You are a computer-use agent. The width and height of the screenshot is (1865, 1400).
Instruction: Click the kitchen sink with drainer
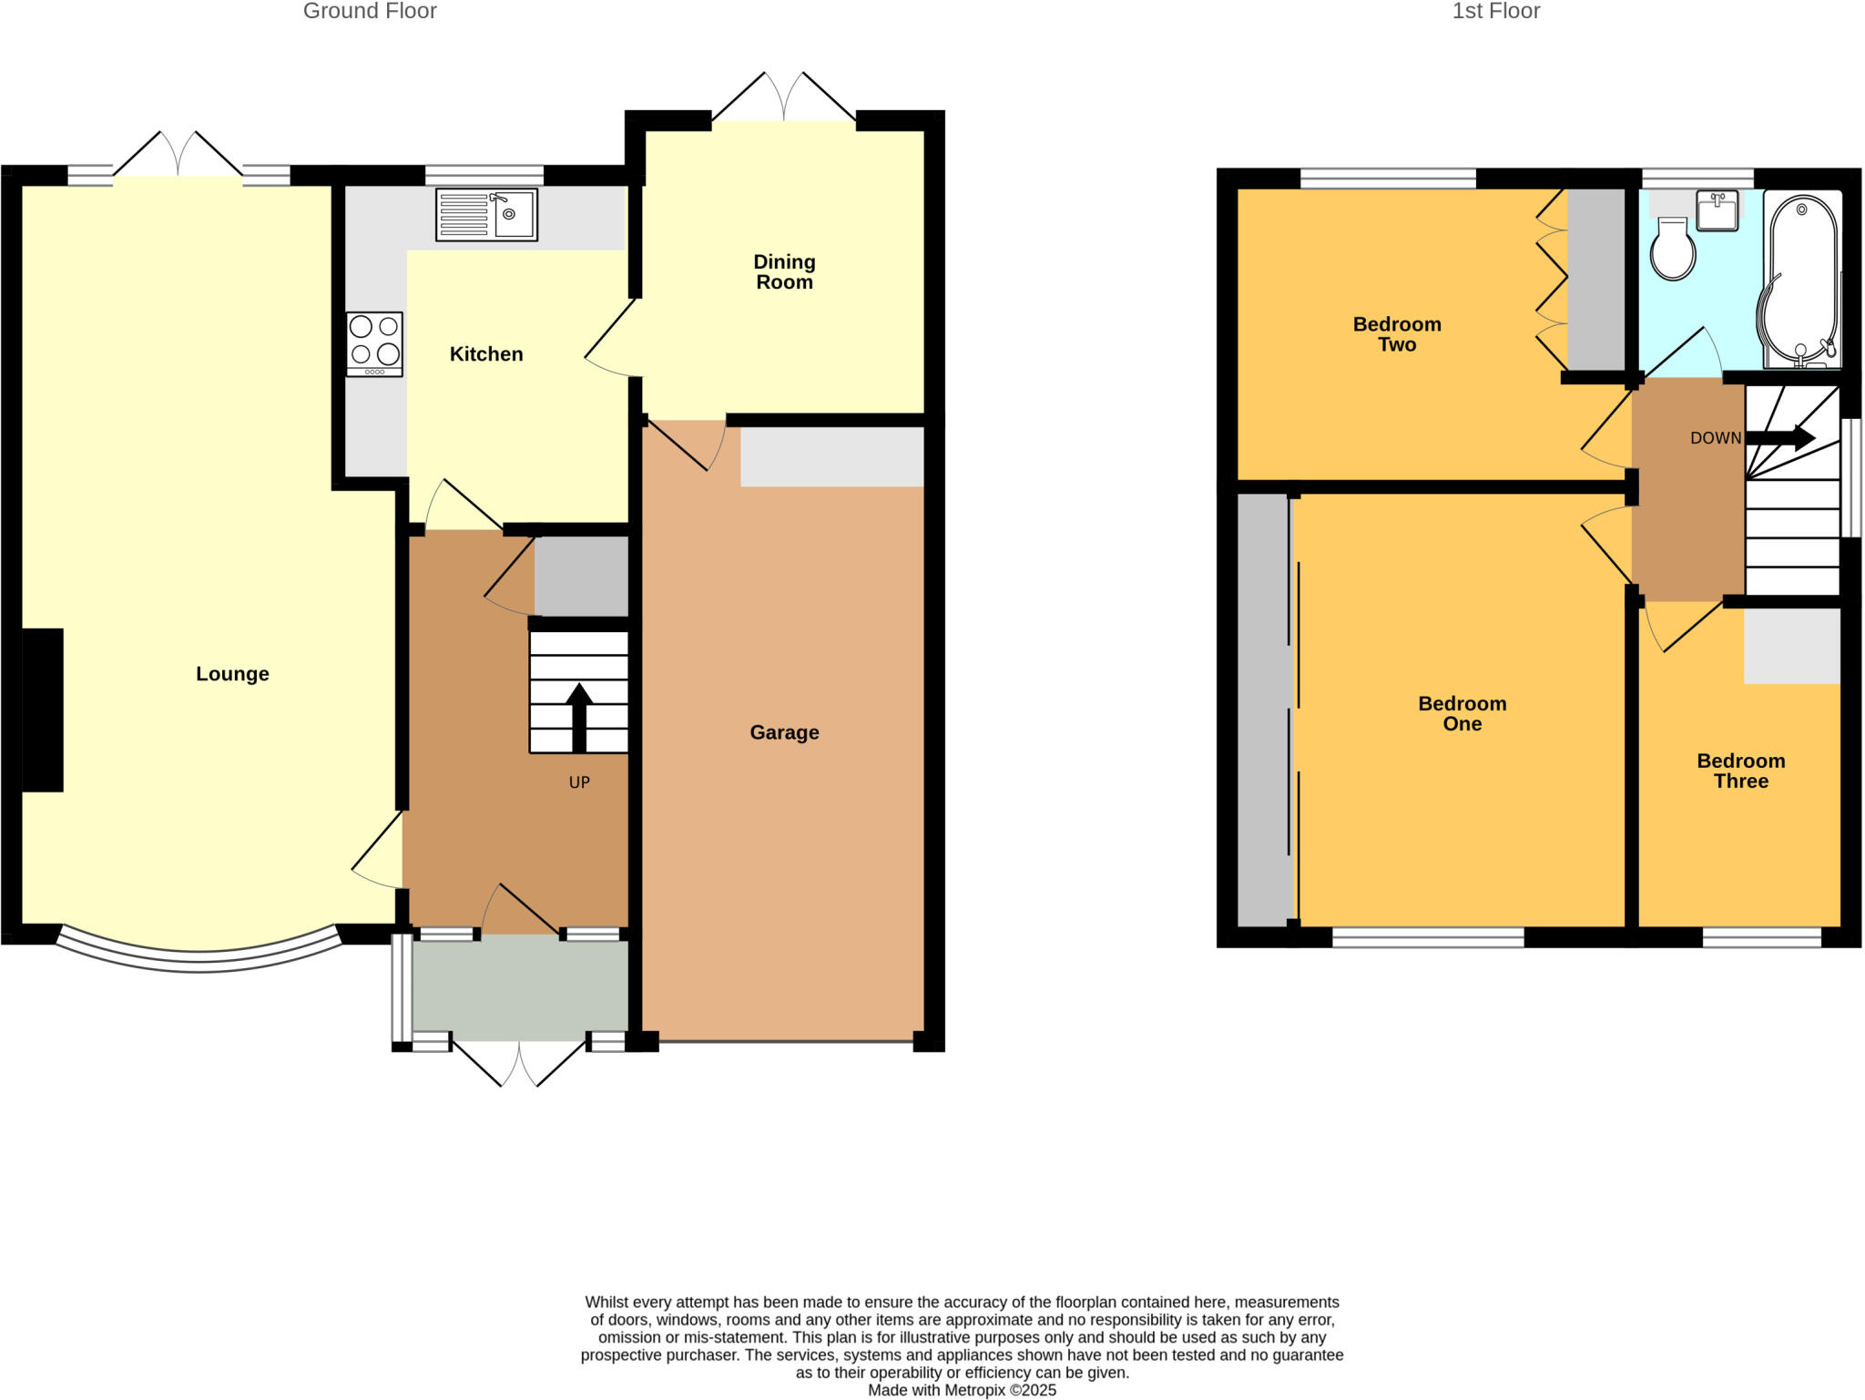coord(486,214)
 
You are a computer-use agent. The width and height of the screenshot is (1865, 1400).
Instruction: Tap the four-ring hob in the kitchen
coord(374,344)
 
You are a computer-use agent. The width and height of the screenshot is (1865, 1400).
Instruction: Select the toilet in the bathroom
coord(1673,249)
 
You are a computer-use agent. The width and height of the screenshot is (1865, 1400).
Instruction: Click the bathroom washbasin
coord(1717,210)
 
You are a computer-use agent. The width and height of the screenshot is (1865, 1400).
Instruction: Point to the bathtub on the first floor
coord(1801,282)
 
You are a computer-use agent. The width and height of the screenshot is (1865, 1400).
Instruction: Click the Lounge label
coord(232,674)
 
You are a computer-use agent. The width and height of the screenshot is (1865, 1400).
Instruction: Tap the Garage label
coord(784,732)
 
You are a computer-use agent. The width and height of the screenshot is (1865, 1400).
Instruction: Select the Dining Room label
coord(784,272)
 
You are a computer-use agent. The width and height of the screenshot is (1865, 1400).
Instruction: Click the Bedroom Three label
coord(1740,772)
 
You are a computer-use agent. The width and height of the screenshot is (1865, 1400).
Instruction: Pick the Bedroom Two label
coord(1397,334)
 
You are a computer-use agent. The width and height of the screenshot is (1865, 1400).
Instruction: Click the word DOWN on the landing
coord(1715,438)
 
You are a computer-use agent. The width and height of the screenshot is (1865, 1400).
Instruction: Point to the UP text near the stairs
coord(579,782)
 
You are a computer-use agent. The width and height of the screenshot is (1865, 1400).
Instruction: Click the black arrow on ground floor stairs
coord(579,717)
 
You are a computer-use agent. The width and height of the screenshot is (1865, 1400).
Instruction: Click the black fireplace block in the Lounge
coord(43,710)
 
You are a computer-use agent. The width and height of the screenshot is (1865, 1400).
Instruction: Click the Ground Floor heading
coord(370,12)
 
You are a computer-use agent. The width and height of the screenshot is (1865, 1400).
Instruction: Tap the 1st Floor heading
coord(1495,12)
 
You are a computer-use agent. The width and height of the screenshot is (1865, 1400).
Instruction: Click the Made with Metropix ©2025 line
coord(962,1390)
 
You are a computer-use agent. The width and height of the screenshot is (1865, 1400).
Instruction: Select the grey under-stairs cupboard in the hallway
coord(581,577)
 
